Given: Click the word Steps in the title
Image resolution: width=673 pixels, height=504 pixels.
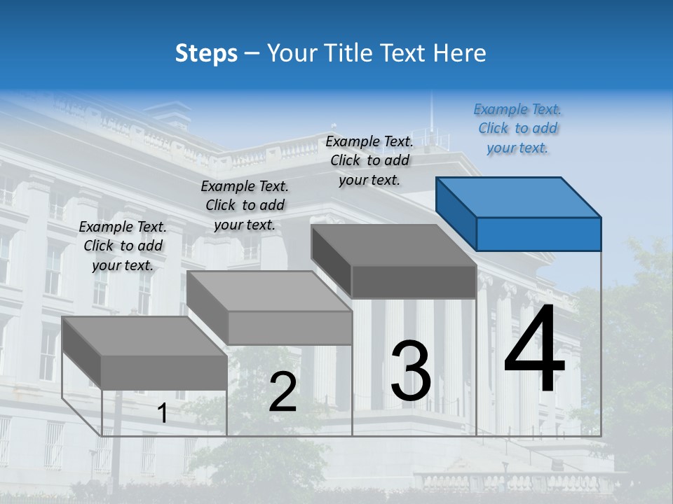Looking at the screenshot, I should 206,53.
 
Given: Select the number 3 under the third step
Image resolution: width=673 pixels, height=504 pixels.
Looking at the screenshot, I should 411,371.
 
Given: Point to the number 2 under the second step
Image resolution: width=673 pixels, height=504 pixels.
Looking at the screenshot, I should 283,393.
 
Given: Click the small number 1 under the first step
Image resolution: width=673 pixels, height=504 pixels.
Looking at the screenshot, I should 162,414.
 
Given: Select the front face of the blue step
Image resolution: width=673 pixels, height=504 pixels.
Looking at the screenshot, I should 538,234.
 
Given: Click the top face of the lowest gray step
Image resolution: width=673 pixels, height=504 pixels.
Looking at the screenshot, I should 144,336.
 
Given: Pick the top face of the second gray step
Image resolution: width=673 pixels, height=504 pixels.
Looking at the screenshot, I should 268,291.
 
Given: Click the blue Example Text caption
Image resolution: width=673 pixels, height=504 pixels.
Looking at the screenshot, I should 517,128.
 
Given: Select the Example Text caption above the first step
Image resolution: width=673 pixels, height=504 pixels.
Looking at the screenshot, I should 123,246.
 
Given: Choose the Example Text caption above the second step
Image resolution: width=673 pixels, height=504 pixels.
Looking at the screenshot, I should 245,205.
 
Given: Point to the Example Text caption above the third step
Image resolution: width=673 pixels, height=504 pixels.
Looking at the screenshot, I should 369,160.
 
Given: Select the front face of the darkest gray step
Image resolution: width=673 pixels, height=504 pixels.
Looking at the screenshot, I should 414,282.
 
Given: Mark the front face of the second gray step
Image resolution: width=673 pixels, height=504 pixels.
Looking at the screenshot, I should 290,328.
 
